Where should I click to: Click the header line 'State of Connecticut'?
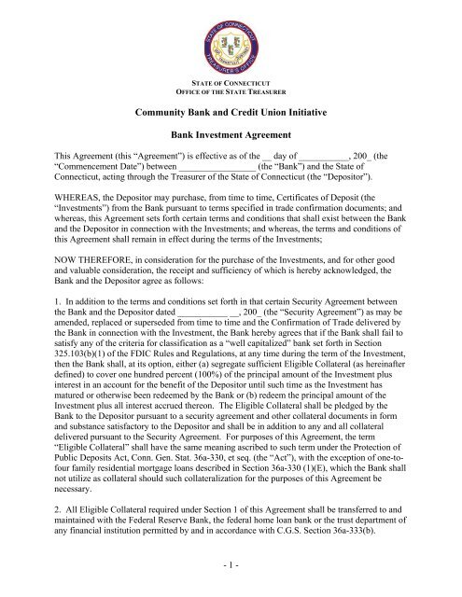(x=231, y=85)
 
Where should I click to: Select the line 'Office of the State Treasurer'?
(x=231, y=96)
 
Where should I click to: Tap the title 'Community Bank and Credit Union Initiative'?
(x=231, y=117)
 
